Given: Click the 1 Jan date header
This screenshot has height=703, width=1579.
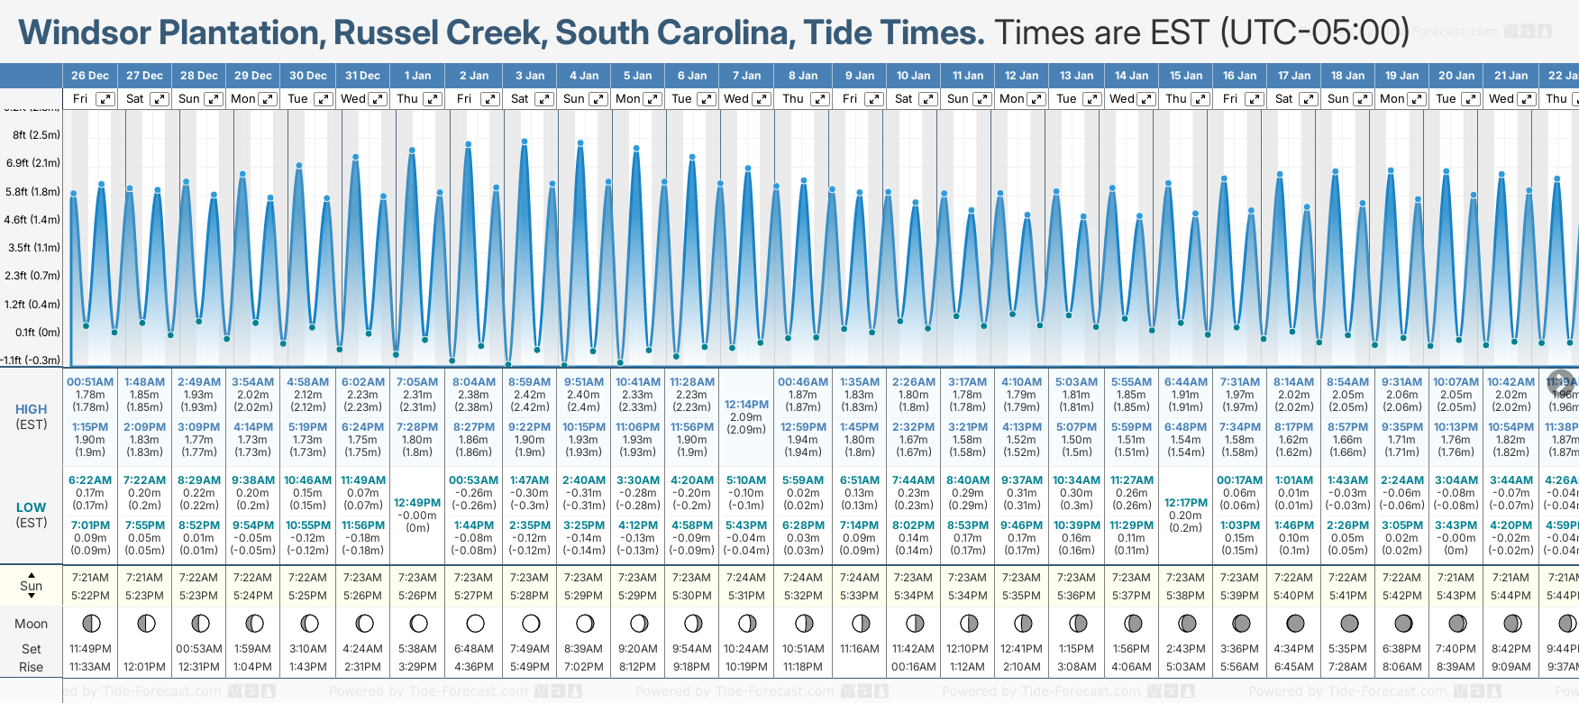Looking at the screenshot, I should [x=417, y=76].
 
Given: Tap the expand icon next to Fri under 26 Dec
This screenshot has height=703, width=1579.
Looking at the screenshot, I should [x=105, y=99].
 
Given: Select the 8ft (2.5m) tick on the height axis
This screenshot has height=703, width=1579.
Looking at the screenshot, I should [x=36, y=135].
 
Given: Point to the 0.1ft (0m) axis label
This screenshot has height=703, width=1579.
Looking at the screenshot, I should [x=38, y=332].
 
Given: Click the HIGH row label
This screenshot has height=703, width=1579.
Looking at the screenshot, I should [x=32, y=409].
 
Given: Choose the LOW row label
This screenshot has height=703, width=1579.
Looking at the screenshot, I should [x=32, y=507].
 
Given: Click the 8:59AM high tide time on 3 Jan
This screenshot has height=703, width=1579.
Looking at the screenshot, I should [x=529, y=382].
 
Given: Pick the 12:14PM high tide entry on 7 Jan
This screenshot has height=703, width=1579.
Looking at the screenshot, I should [x=746, y=405].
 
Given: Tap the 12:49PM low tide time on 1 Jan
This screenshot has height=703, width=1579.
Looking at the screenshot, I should [x=417, y=503].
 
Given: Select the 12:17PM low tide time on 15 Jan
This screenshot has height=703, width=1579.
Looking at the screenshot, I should [x=1185, y=503].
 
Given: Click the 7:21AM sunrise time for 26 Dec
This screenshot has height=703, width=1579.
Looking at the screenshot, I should [x=90, y=578].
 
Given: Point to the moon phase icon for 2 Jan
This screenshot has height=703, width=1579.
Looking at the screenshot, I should [x=475, y=623].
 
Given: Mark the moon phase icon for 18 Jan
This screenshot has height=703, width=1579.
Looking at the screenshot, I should [x=1349, y=623].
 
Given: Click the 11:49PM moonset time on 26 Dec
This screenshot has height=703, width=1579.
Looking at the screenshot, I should [x=90, y=649].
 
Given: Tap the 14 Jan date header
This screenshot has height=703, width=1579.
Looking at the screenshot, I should [x=1131, y=76].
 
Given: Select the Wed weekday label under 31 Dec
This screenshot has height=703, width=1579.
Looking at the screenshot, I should [x=352, y=99].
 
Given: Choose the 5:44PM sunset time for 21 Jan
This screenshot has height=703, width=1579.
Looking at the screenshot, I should [x=1511, y=596].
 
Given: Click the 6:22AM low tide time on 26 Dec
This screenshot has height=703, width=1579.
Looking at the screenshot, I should [x=90, y=480].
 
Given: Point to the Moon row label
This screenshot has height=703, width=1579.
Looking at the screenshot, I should [x=32, y=624].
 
